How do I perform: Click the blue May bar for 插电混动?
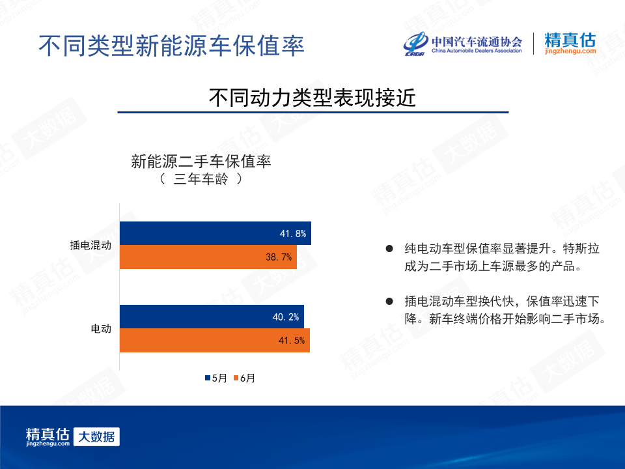(x=215, y=233)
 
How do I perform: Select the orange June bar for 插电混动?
(x=208, y=257)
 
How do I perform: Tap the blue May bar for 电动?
(x=212, y=317)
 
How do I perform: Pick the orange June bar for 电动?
(x=215, y=340)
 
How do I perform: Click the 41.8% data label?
(x=293, y=234)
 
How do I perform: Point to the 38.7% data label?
(x=279, y=257)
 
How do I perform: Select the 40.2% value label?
(x=286, y=317)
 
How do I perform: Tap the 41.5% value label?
(x=292, y=341)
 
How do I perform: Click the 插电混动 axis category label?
(x=90, y=246)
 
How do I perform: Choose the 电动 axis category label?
(x=101, y=328)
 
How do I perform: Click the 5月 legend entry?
(x=216, y=378)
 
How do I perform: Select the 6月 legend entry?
(x=244, y=378)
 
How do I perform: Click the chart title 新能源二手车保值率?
(x=201, y=162)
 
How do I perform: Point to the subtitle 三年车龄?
(x=201, y=179)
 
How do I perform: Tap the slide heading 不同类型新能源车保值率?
(x=171, y=46)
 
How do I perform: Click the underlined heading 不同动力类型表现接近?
(x=312, y=98)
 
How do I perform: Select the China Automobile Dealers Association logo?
(x=463, y=44)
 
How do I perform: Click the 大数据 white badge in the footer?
(x=96, y=436)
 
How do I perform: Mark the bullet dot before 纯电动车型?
(x=389, y=249)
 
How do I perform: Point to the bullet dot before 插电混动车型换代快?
(x=389, y=301)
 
